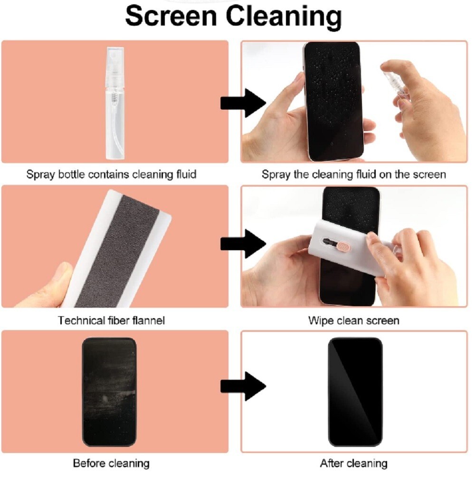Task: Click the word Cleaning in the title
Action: click(x=283, y=17)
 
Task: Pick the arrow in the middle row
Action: click(x=243, y=244)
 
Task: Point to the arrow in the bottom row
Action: click(x=243, y=386)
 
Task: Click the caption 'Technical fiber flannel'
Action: click(x=111, y=321)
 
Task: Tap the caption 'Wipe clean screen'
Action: click(x=353, y=321)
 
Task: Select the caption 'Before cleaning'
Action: click(x=111, y=463)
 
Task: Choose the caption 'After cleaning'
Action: click(x=353, y=463)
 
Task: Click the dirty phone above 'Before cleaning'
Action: click(x=109, y=392)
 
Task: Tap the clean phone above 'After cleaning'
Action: click(x=355, y=392)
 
